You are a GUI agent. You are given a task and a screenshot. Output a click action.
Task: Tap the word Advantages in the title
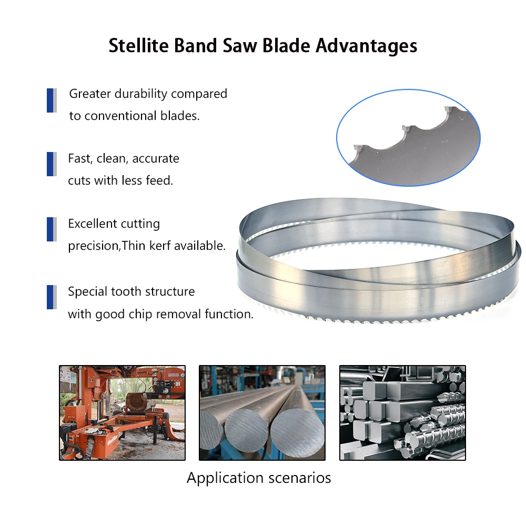pyautogui.click(x=367, y=46)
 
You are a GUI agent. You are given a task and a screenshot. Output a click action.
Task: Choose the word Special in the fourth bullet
pyautogui.click(x=87, y=291)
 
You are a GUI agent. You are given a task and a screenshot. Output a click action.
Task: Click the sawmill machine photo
pyautogui.click(x=122, y=413)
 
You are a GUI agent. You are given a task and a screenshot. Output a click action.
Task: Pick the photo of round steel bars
pyautogui.click(x=262, y=413)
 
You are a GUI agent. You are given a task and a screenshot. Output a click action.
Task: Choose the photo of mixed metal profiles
pyautogui.click(x=402, y=413)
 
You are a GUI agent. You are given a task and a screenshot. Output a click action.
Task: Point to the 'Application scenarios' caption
pyautogui.click(x=259, y=478)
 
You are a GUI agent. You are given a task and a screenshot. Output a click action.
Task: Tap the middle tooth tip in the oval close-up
pyautogui.click(x=406, y=128)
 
